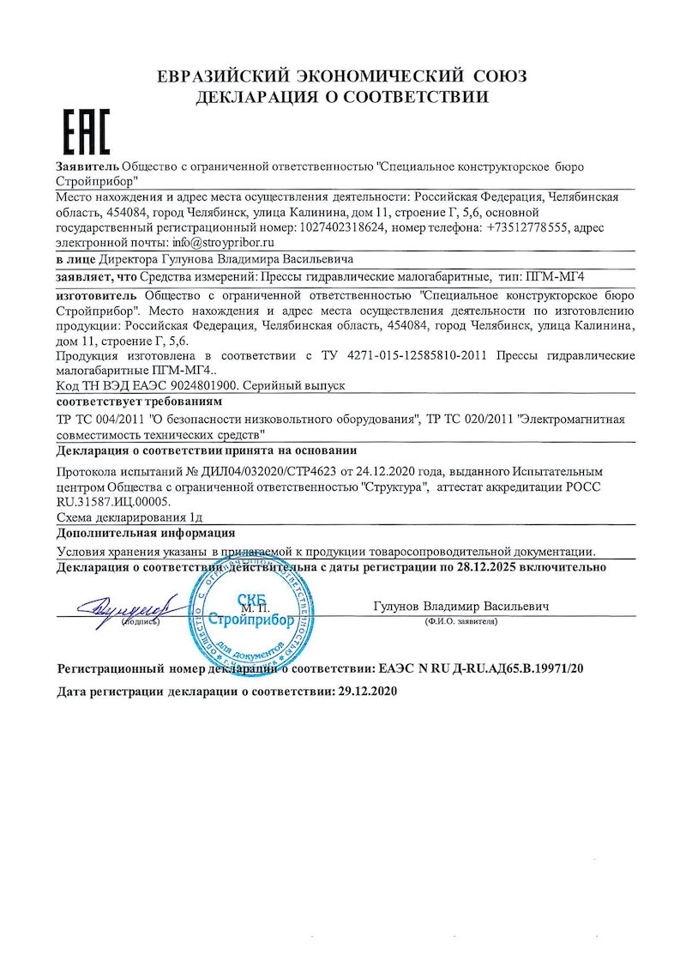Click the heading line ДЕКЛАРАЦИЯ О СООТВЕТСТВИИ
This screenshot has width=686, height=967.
(x=342, y=97)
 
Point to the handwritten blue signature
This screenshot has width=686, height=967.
(x=124, y=607)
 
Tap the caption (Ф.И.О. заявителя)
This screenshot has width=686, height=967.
(x=460, y=620)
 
